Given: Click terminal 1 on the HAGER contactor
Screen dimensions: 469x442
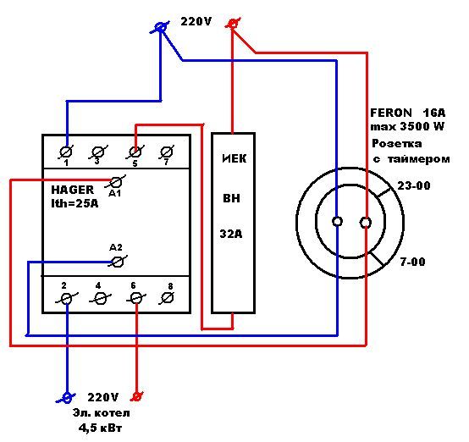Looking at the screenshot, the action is coord(66,152).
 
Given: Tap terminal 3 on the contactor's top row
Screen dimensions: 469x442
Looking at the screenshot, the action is coord(98,152).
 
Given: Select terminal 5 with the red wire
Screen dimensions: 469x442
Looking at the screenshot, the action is coord(135,152).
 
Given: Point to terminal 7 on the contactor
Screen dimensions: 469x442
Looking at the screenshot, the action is coord(166,152).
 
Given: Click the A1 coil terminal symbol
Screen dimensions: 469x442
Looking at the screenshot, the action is coord(116,182).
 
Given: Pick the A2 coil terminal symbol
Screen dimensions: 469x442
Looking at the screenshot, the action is coord(117,262).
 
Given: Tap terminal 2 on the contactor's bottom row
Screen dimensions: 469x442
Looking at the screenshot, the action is coord(66,299).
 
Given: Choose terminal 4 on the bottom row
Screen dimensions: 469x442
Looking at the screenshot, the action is coord(100,299).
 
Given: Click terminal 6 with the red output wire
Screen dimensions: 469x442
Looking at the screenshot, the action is coord(136,298).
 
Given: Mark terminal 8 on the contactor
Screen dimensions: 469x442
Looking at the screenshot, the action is coord(167,298).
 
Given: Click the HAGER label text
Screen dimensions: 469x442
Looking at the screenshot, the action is coord(73,190).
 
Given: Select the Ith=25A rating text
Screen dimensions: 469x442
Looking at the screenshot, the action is coord(74,203).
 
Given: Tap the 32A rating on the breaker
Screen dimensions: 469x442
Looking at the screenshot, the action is coord(231,234).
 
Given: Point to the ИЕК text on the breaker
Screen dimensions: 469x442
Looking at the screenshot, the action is coord(234,158).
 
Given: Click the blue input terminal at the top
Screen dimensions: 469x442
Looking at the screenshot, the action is coord(161,28).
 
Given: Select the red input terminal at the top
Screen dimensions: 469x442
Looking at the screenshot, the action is coord(233,24).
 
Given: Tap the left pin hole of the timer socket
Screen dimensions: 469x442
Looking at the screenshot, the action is coord(338,222).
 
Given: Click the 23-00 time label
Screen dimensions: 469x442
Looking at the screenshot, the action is coord(414,185).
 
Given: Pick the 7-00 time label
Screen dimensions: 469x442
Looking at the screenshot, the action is coord(413,262).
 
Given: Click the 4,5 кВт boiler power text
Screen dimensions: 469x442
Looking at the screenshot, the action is coord(101,428).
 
